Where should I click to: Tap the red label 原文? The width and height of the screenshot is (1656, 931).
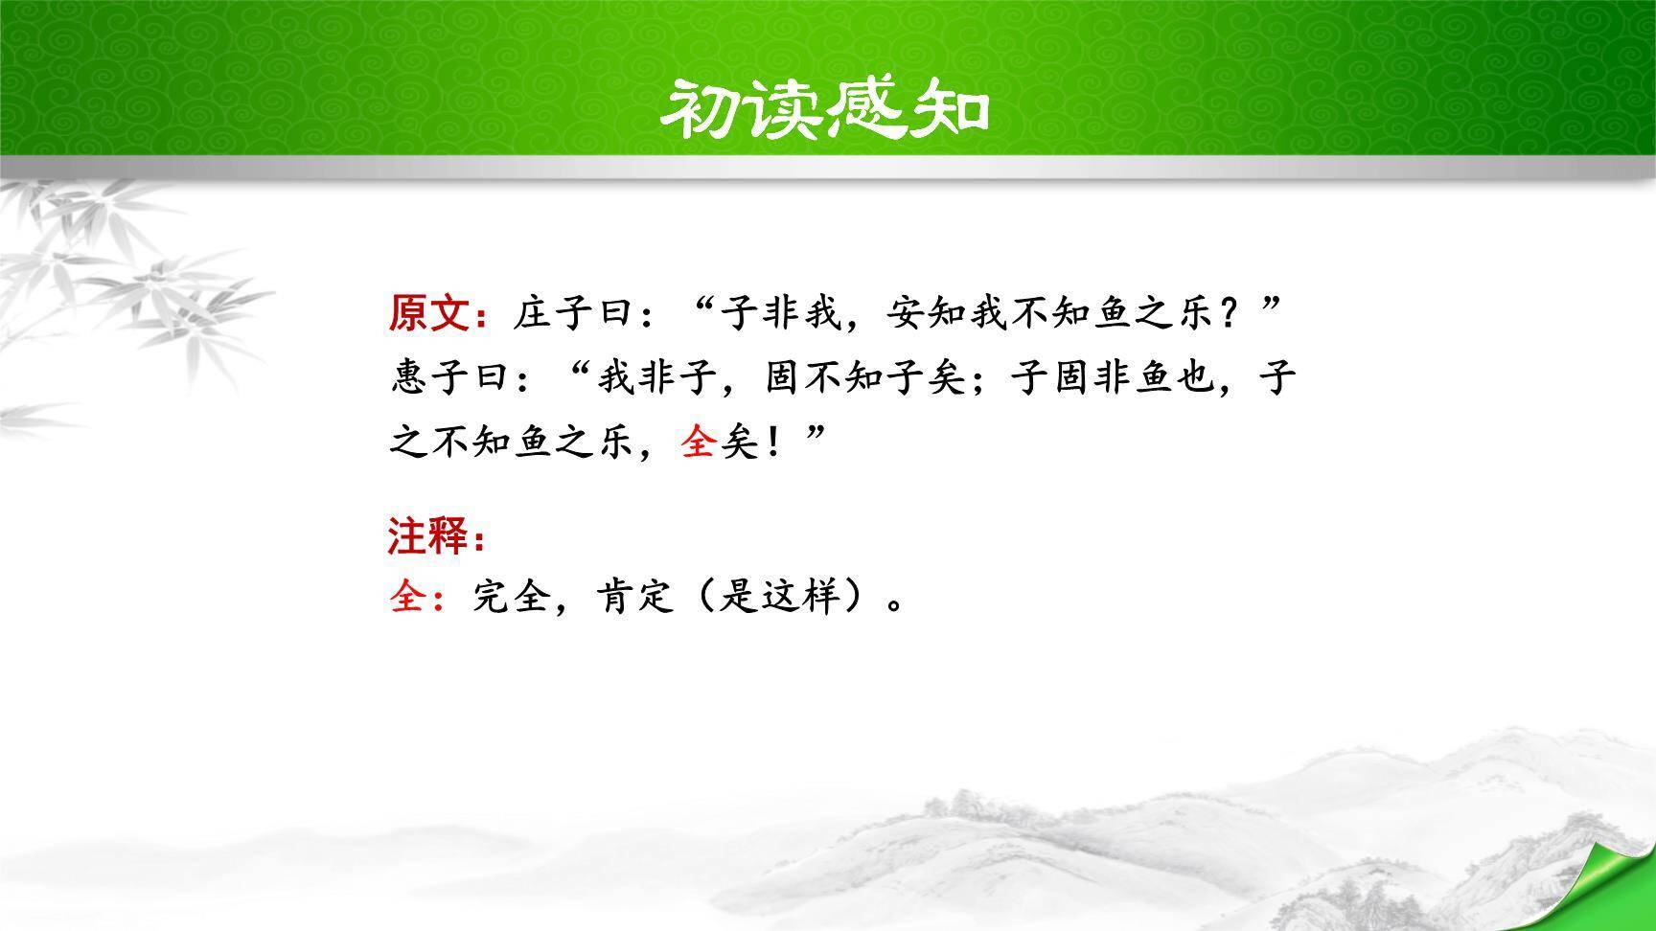tap(428, 313)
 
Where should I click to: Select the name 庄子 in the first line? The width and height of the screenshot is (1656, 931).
tap(553, 313)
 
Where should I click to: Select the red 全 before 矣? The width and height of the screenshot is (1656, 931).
tap(699, 442)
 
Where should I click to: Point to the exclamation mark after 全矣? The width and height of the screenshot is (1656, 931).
tap(772, 443)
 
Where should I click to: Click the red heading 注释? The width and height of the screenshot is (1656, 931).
tap(428, 536)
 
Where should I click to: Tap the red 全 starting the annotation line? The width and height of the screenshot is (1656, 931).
tap(408, 599)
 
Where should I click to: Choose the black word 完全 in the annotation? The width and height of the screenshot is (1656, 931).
tap(513, 599)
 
